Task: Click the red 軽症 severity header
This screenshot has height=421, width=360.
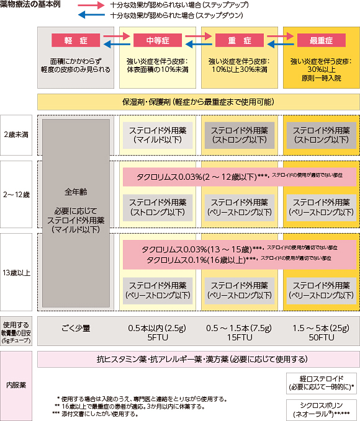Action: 76,40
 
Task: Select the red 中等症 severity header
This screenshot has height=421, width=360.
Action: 158,40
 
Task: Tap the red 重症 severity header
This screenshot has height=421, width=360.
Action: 240,40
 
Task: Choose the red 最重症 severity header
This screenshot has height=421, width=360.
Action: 322,40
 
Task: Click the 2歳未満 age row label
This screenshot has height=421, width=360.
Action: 16,135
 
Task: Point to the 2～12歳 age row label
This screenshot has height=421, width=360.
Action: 16,195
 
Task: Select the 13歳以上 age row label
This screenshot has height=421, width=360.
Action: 16,272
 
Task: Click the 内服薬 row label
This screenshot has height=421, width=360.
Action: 16,386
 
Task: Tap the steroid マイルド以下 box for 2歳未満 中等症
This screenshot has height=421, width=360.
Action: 158,135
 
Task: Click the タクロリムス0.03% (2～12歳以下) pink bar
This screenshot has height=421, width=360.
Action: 240,177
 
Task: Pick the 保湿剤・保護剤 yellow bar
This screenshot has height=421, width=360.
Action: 199,102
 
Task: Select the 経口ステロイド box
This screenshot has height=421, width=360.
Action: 322,383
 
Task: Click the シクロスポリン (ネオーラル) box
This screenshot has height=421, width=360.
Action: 322,410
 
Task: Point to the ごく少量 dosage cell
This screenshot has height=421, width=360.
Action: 76,328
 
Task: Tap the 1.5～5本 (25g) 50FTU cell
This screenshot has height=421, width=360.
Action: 322,332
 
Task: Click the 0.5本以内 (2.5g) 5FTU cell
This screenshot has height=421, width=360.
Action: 158,332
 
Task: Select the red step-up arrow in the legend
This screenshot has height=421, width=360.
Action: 91,5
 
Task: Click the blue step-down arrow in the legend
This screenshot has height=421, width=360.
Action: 91,15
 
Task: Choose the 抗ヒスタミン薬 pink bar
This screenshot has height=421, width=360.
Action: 199,359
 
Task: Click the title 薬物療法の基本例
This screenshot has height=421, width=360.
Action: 30,4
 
